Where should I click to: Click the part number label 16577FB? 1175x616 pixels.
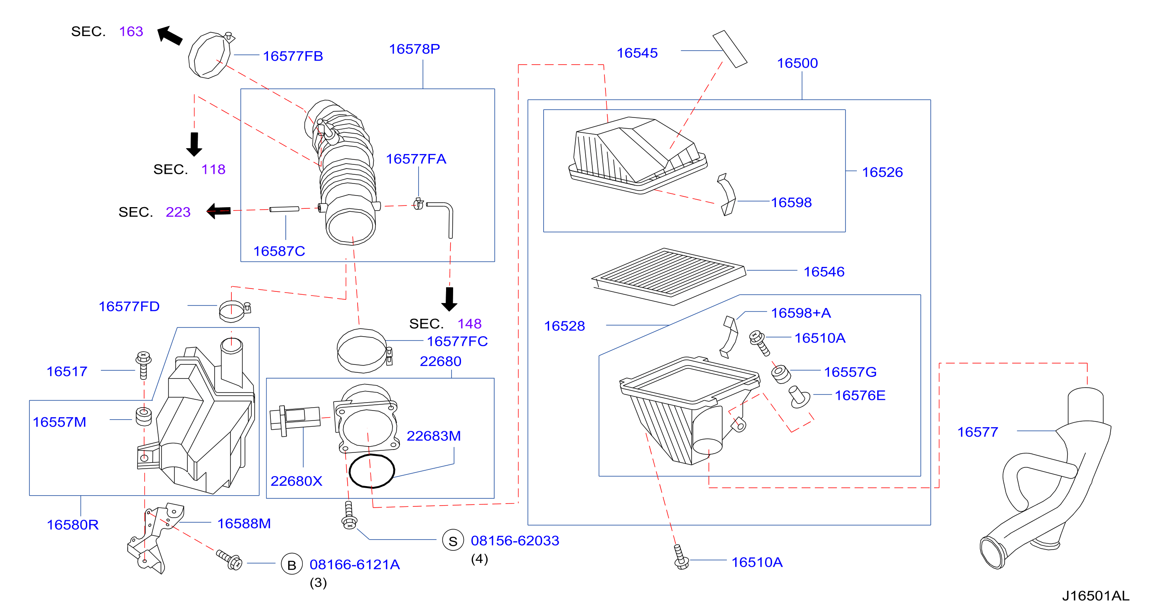pyautogui.click(x=293, y=56)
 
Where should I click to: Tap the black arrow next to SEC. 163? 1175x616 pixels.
pyautogui.click(x=170, y=35)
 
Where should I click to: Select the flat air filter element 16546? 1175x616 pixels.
pyautogui.click(x=669, y=276)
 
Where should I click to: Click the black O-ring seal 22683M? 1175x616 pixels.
pyautogui.click(x=372, y=471)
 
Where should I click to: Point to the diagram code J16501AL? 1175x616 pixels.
pyautogui.click(x=1096, y=596)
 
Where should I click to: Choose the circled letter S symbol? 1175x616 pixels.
pyautogui.click(x=453, y=540)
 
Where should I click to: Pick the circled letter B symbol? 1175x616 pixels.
pyautogui.click(x=292, y=564)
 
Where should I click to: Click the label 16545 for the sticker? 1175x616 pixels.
pyautogui.click(x=637, y=53)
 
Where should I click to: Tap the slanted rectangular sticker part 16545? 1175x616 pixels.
pyautogui.click(x=730, y=49)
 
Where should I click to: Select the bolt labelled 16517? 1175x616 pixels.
pyautogui.click(x=143, y=365)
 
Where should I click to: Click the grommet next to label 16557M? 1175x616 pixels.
pyautogui.click(x=144, y=417)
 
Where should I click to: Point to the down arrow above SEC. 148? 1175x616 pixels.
pyautogui.click(x=449, y=299)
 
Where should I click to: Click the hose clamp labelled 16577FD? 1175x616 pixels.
pyautogui.click(x=234, y=311)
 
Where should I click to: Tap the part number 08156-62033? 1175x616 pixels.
pyautogui.click(x=515, y=540)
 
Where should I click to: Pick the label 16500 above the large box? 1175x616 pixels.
pyautogui.click(x=797, y=63)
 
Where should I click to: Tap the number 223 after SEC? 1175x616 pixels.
pyautogui.click(x=178, y=212)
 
